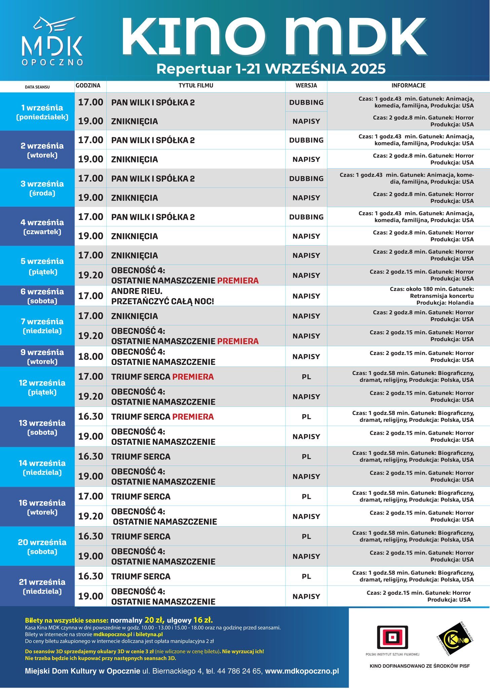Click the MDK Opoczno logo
point(52,41)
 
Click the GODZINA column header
point(88,85)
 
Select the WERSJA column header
point(306,85)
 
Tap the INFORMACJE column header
point(408,85)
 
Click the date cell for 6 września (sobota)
point(42,296)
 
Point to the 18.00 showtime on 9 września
point(90,356)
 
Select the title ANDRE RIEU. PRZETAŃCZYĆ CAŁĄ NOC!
point(162,296)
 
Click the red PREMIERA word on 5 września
point(238,281)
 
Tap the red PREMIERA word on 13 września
point(193,416)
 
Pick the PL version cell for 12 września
point(306,377)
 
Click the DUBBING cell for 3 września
point(306,179)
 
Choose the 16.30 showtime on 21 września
point(90,576)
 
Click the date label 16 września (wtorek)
point(42,507)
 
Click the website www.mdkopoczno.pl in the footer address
point(302,671)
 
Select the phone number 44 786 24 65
point(239,671)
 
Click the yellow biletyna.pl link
point(149,634)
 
